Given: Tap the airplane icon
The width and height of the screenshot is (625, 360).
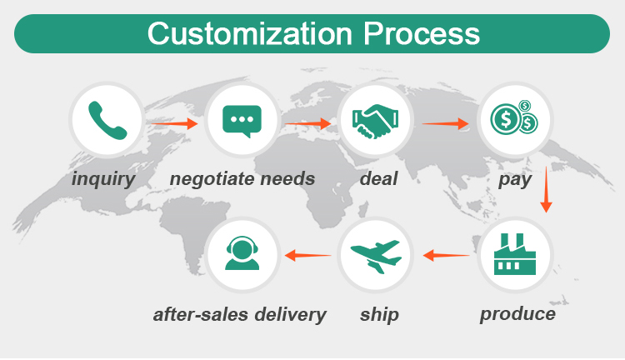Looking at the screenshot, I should pyautogui.click(x=376, y=254).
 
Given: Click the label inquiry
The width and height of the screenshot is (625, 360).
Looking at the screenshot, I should pyautogui.click(x=103, y=178).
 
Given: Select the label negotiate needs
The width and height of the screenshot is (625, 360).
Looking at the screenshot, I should pyautogui.click(x=242, y=178).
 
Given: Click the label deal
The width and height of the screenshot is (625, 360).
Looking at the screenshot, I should pyautogui.click(x=379, y=178).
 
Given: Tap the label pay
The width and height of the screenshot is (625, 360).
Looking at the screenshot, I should pyautogui.click(x=514, y=179).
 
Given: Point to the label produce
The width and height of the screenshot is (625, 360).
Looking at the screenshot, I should pyautogui.click(x=517, y=314).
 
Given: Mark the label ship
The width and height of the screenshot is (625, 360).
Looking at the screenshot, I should pyautogui.click(x=379, y=315).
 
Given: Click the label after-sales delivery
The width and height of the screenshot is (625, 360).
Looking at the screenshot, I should pyautogui.click(x=240, y=314).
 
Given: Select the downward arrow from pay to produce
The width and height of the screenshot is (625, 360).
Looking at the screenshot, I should pyautogui.click(x=547, y=190).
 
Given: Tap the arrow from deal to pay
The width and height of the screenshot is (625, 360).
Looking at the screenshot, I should pyautogui.click(x=445, y=124).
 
